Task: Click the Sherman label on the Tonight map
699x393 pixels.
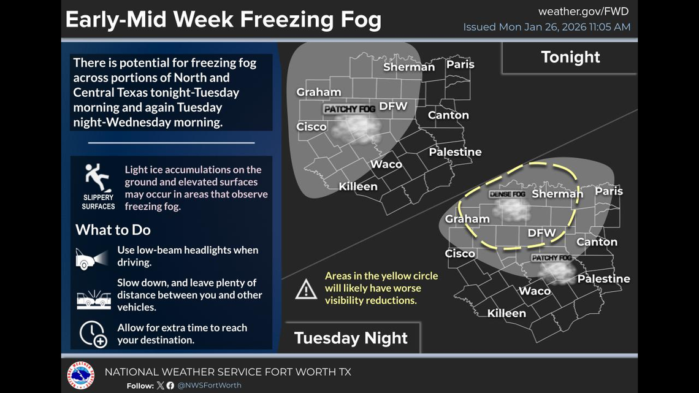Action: (408, 67)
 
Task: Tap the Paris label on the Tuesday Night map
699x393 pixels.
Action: (608, 191)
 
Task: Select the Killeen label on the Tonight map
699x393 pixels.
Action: (358, 186)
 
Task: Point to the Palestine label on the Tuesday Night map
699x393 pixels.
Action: (603, 279)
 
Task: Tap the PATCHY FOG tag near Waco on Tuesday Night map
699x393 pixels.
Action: (551, 258)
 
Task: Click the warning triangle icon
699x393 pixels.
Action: (306, 289)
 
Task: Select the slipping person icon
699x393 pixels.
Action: (97, 178)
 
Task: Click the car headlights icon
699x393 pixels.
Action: (92, 258)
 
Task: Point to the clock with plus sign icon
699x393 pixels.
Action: (93, 334)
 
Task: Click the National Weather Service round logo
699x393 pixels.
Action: (81, 375)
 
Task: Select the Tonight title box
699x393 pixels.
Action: (570, 57)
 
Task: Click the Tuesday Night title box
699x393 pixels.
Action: (351, 338)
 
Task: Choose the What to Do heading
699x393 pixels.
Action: (113, 230)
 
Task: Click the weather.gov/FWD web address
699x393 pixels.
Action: (583, 12)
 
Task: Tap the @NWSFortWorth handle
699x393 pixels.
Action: (209, 386)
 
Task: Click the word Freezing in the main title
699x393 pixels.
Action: (281, 20)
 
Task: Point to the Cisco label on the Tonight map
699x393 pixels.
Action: (311, 126)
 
